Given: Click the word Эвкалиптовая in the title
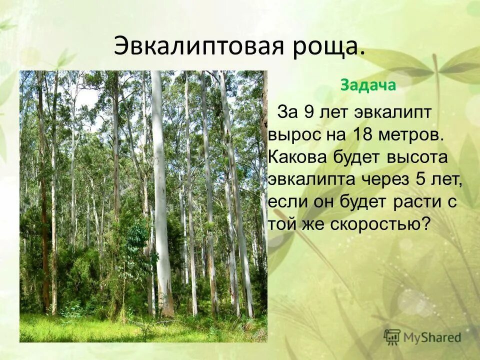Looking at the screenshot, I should (198, 46).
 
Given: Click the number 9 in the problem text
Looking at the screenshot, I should (308, 112).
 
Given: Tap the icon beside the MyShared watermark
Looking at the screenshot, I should (392, 337).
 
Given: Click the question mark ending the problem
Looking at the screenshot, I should (425, 223).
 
